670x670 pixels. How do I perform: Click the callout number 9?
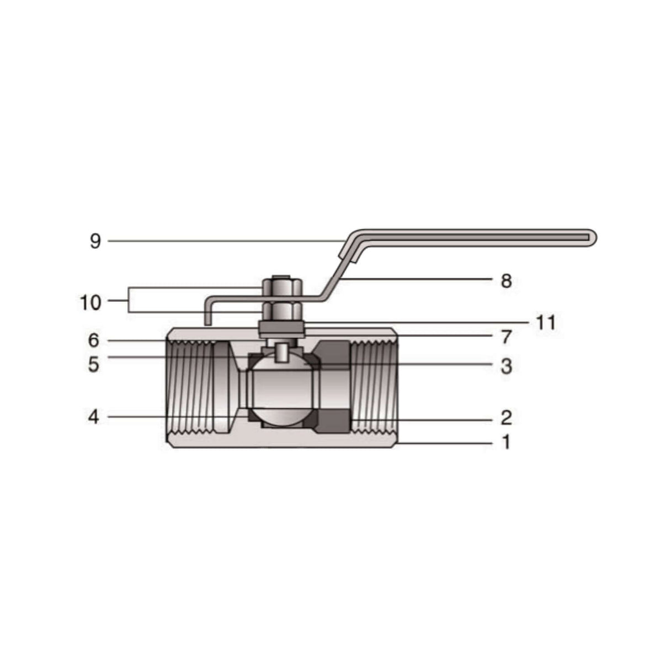pos(95,242)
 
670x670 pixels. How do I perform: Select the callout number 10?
pos(91,302)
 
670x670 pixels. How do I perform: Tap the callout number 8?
pos(506,281)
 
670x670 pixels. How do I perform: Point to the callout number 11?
pos(545,322)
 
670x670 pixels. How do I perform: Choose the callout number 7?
pos(506,337)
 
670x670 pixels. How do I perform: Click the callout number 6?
pos(94,341)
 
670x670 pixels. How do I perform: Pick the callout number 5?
pos(94,364)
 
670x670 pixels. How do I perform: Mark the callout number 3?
pos(506,366)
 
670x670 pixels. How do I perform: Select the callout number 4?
pos(94,417)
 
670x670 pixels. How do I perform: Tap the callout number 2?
pos(506,418)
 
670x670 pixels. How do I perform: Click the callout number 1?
pos(506,442)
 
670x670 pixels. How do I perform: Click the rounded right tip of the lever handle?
pos(593,237)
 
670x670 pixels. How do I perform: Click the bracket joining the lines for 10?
pos(129,300)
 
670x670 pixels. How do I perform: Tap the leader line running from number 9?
pos(221,241)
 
